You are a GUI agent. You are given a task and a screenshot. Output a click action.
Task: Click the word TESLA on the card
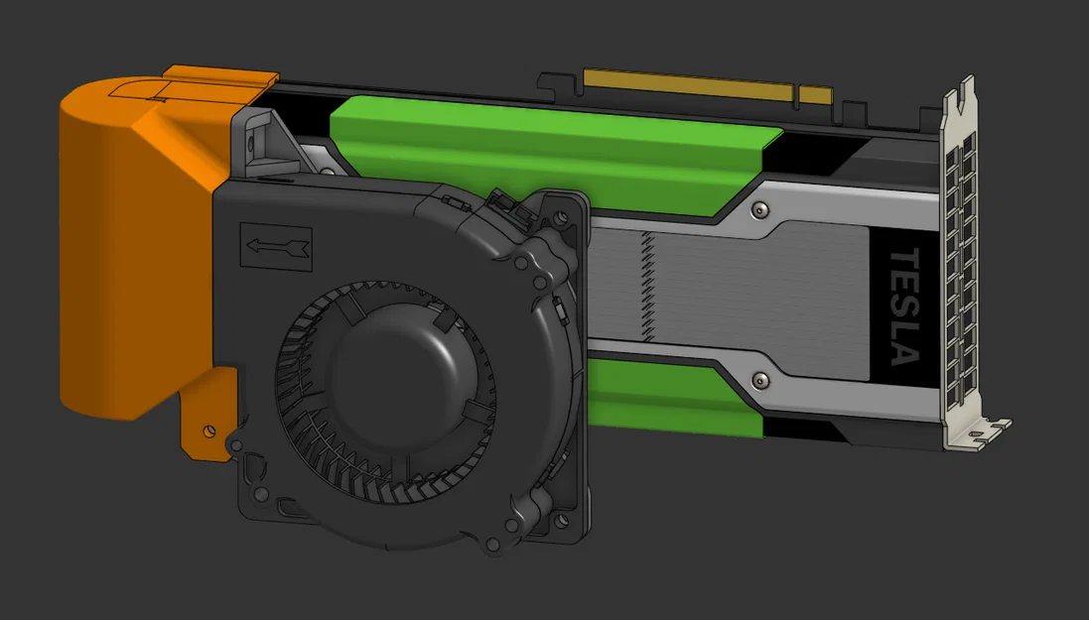coord(904,307)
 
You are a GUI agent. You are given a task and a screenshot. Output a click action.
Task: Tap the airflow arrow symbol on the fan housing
coord(276,249)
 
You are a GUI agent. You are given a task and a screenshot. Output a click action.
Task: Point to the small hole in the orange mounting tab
coord(208,431)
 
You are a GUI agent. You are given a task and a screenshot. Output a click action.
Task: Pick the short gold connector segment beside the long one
coord(815,96)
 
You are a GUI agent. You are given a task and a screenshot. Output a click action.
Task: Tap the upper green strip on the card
coord(546,149)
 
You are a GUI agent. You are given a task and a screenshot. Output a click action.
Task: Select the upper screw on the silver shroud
coord(759,209)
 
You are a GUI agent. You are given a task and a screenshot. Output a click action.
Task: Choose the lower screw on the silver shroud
coord(759,380)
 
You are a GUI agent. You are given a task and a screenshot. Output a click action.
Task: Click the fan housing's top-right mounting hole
coord(564,215)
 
